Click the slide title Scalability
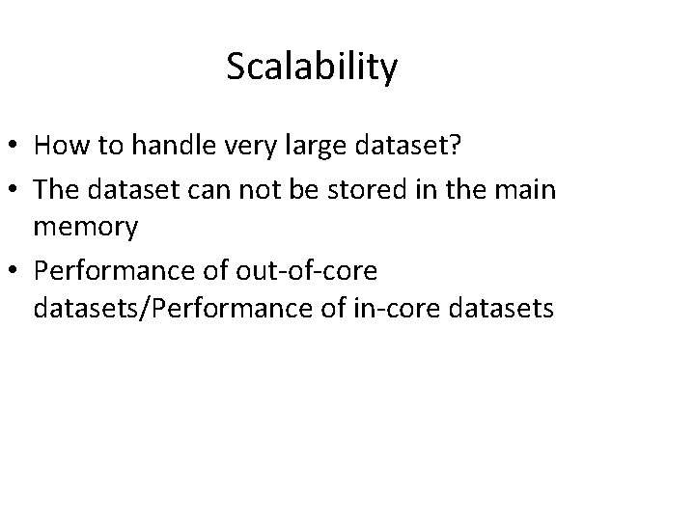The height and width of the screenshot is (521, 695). tap(312, 68)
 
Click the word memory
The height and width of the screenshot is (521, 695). tap(85, 228)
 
